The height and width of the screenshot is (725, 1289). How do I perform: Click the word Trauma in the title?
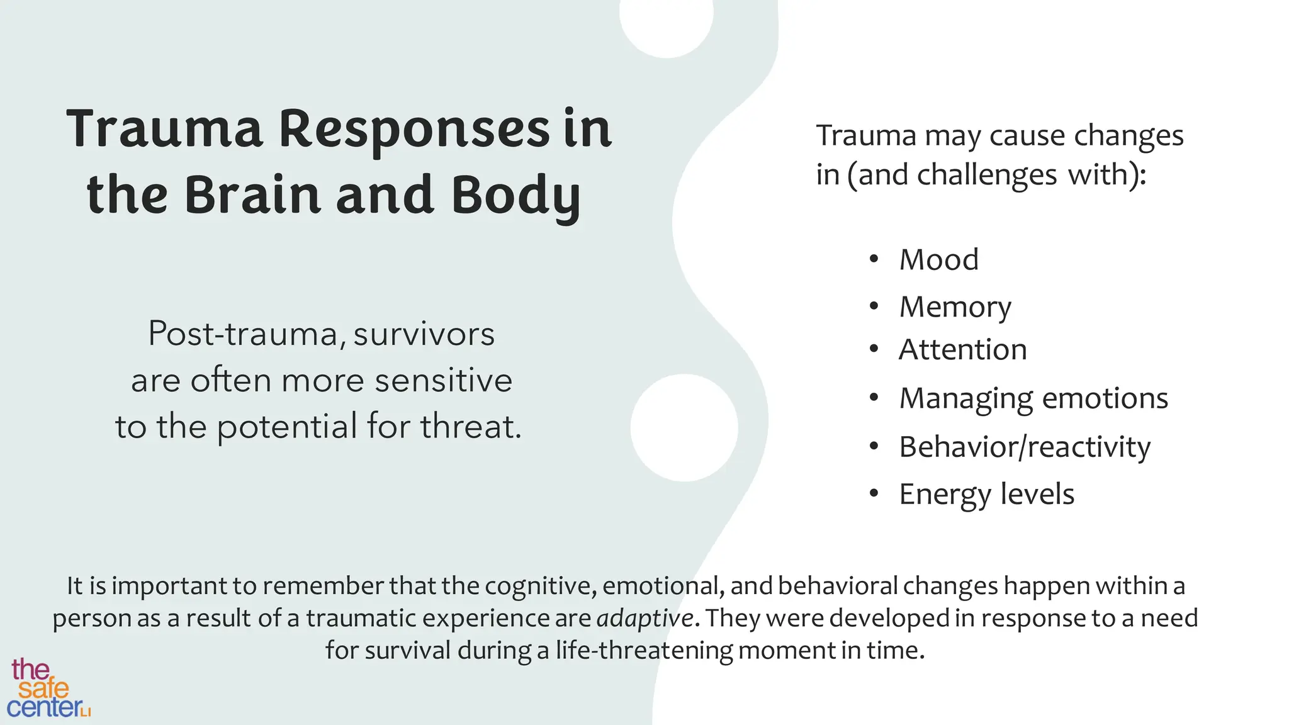pos(164,129)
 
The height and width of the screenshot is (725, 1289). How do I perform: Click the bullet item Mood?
pos(938,260)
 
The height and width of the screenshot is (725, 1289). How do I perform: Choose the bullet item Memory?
pos(955,308)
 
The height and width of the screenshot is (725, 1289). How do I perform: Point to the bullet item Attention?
pos(962,350)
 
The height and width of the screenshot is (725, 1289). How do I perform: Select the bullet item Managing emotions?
pos(1033,398)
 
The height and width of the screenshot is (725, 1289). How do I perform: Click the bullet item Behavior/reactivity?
pos(1024,447)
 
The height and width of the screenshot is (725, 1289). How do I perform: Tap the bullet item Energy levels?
pos(986,495)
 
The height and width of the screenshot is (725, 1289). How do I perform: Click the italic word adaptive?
pos(644,619)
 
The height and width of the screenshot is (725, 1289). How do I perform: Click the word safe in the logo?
pos(43,688)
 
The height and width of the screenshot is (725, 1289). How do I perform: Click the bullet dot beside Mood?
pos(873,259)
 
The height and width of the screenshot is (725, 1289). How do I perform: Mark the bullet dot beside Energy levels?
pos(873,494)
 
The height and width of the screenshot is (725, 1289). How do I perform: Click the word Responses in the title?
pos(414,129)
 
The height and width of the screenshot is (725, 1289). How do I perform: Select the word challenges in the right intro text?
pos(986,175)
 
